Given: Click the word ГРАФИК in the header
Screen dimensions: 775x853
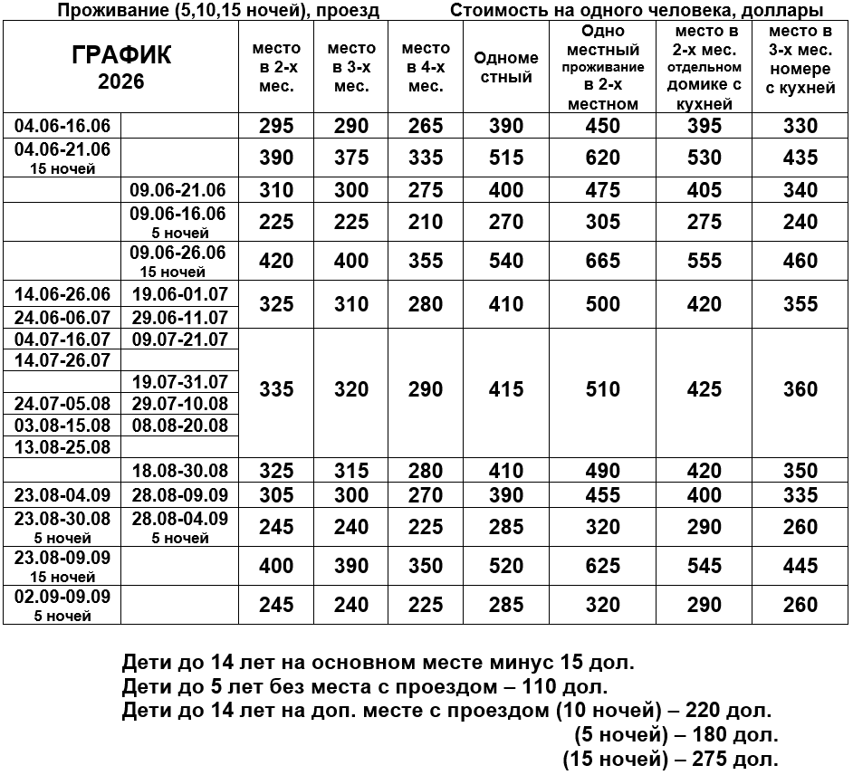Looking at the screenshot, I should [120, 55].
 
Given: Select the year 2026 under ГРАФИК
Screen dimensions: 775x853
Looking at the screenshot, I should [120, 81].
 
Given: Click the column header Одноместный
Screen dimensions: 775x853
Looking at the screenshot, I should [506, 67].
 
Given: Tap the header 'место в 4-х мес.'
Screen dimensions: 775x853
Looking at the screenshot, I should [426, 67].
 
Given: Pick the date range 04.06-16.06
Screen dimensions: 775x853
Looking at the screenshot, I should [62, 125].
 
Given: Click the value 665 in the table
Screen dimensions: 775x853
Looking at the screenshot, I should [603, 261].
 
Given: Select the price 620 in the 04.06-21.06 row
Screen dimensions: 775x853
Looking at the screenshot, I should [603, 158].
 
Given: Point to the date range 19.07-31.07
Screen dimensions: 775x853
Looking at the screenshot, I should [179, 382].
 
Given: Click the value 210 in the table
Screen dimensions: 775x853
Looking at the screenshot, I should [426, 222].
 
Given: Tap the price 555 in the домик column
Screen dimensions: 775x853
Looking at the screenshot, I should [704, 261].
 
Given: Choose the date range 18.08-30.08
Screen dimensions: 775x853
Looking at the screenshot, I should [179, 471].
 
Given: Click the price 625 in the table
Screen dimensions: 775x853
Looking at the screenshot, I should [603, 566].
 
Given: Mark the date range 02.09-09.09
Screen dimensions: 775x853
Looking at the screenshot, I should [62, 597].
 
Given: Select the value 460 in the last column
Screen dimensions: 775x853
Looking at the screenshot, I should [800, 261].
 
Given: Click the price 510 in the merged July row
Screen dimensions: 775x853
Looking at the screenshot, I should [603, 389].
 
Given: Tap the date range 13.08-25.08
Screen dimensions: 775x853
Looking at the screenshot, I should [62, 447].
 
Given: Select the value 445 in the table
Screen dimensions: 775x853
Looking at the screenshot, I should [800, 566].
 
